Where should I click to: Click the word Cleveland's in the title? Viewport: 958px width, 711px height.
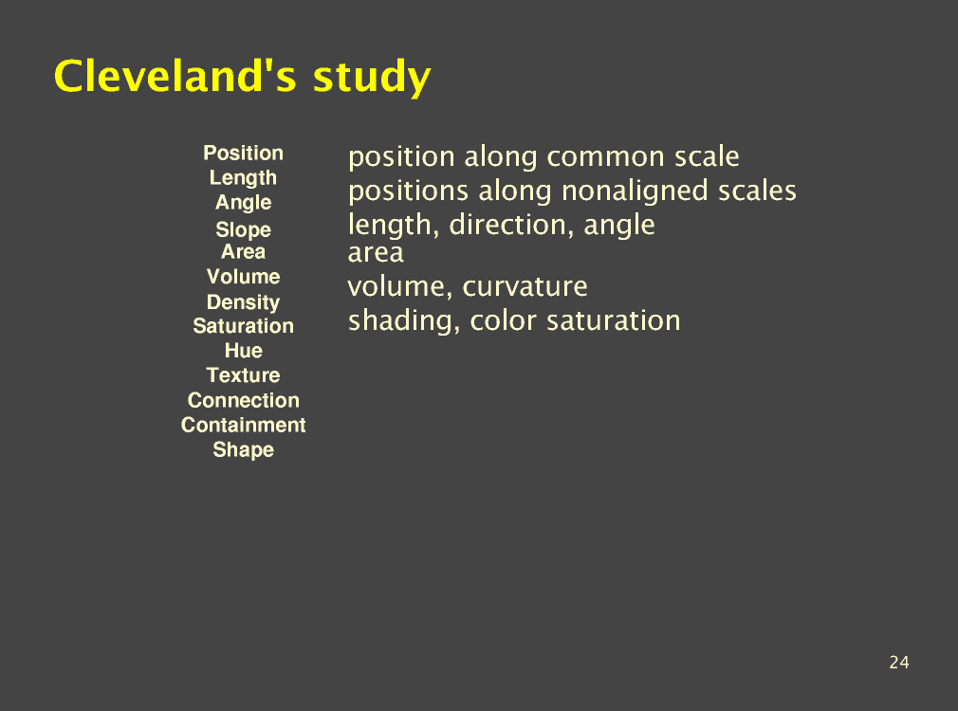coord(175,76)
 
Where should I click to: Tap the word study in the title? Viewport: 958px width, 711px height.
coord(372,78)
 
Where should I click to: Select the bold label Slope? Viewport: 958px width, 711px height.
coord(243,229)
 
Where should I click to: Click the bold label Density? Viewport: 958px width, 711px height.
coord(243,301)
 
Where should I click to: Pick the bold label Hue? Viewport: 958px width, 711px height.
coord(243,350)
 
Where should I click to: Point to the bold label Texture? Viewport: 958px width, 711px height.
coord(243,375)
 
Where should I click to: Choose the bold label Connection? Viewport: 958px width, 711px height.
coord(243,400)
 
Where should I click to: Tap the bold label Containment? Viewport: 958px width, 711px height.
coord(243,425)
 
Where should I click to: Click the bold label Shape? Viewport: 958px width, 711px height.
coord(243,449)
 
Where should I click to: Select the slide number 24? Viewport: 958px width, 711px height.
coord(899,662)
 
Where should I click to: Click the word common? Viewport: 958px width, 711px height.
coord(605,157)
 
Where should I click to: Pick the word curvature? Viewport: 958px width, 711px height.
coord(525,287)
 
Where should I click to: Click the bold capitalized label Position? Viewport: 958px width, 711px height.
coord(243,153)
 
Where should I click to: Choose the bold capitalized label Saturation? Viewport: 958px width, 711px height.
coord(243,326)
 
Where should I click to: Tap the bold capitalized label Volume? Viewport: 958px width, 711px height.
coord(243,277)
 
